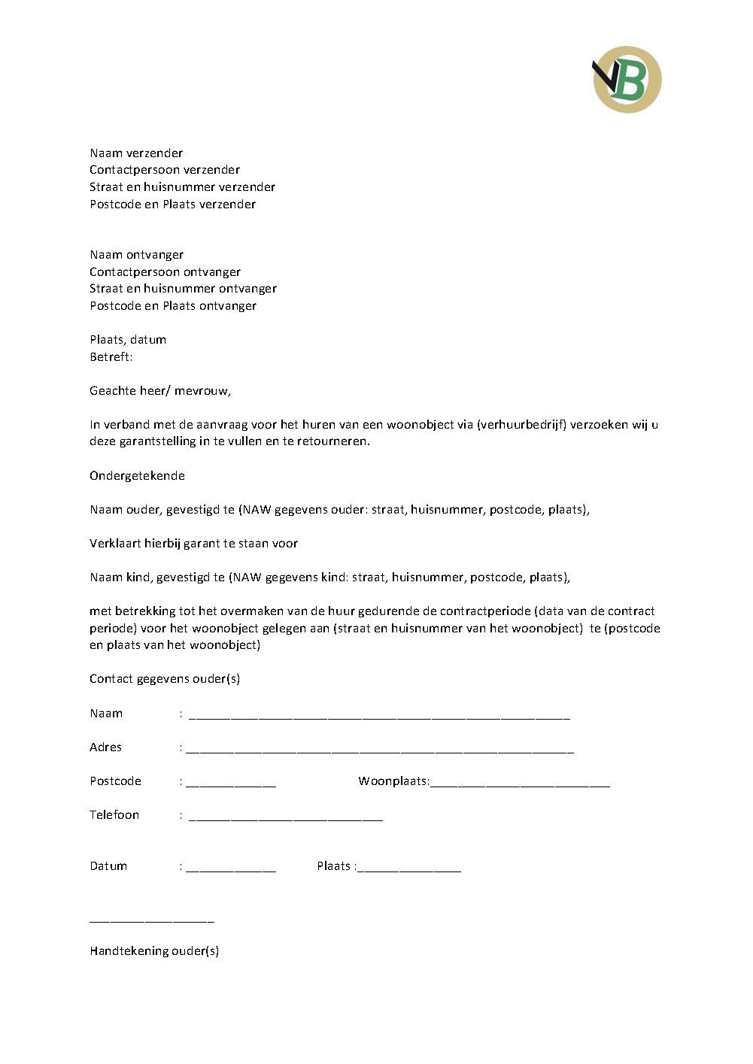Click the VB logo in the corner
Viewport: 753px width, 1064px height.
(627, 80)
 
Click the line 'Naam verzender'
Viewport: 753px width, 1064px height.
(136, 153)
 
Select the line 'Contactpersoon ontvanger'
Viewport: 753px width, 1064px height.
(165, 272)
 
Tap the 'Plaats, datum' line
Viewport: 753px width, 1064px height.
(128, 340)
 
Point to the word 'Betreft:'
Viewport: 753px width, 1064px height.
(111, 357)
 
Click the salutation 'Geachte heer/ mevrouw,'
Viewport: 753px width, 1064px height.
(160, 391)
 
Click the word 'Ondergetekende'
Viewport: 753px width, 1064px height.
(137, 476)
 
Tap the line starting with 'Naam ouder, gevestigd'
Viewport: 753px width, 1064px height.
(339, 510)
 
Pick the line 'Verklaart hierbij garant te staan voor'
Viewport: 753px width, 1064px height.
(193, 544)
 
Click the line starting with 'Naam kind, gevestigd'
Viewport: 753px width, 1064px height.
(329, 577)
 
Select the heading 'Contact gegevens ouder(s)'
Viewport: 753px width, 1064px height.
(165, 679)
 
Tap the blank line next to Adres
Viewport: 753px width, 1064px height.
(379, 750)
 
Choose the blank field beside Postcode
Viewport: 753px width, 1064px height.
(231, 784)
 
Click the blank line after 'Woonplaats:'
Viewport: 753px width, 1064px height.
(520, 784)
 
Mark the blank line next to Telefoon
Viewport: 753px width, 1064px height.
(286, 817)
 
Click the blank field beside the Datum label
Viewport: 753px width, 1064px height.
(231, 868)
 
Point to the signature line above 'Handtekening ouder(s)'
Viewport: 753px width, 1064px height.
(152, 920)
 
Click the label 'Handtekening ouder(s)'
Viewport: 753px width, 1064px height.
(154, 951)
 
